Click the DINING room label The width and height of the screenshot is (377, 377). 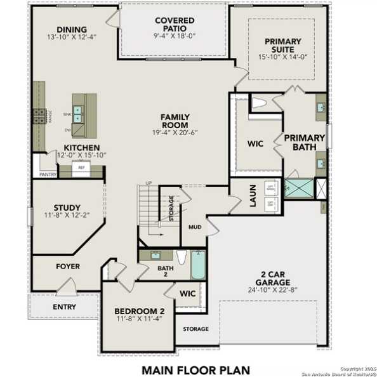(72, 29)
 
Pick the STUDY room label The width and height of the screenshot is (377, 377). (67, 208)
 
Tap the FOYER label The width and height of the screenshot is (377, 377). (68, 267)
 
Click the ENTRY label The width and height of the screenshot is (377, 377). (65, 307)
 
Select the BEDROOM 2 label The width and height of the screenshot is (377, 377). (140, 311)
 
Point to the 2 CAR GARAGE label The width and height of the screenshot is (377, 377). (273, 279)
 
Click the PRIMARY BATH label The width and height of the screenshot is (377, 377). (304, 143)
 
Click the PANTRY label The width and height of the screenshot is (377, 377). (48, 174)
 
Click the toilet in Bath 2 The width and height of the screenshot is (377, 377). (181, 258)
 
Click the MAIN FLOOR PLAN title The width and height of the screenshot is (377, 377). (195, 369)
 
